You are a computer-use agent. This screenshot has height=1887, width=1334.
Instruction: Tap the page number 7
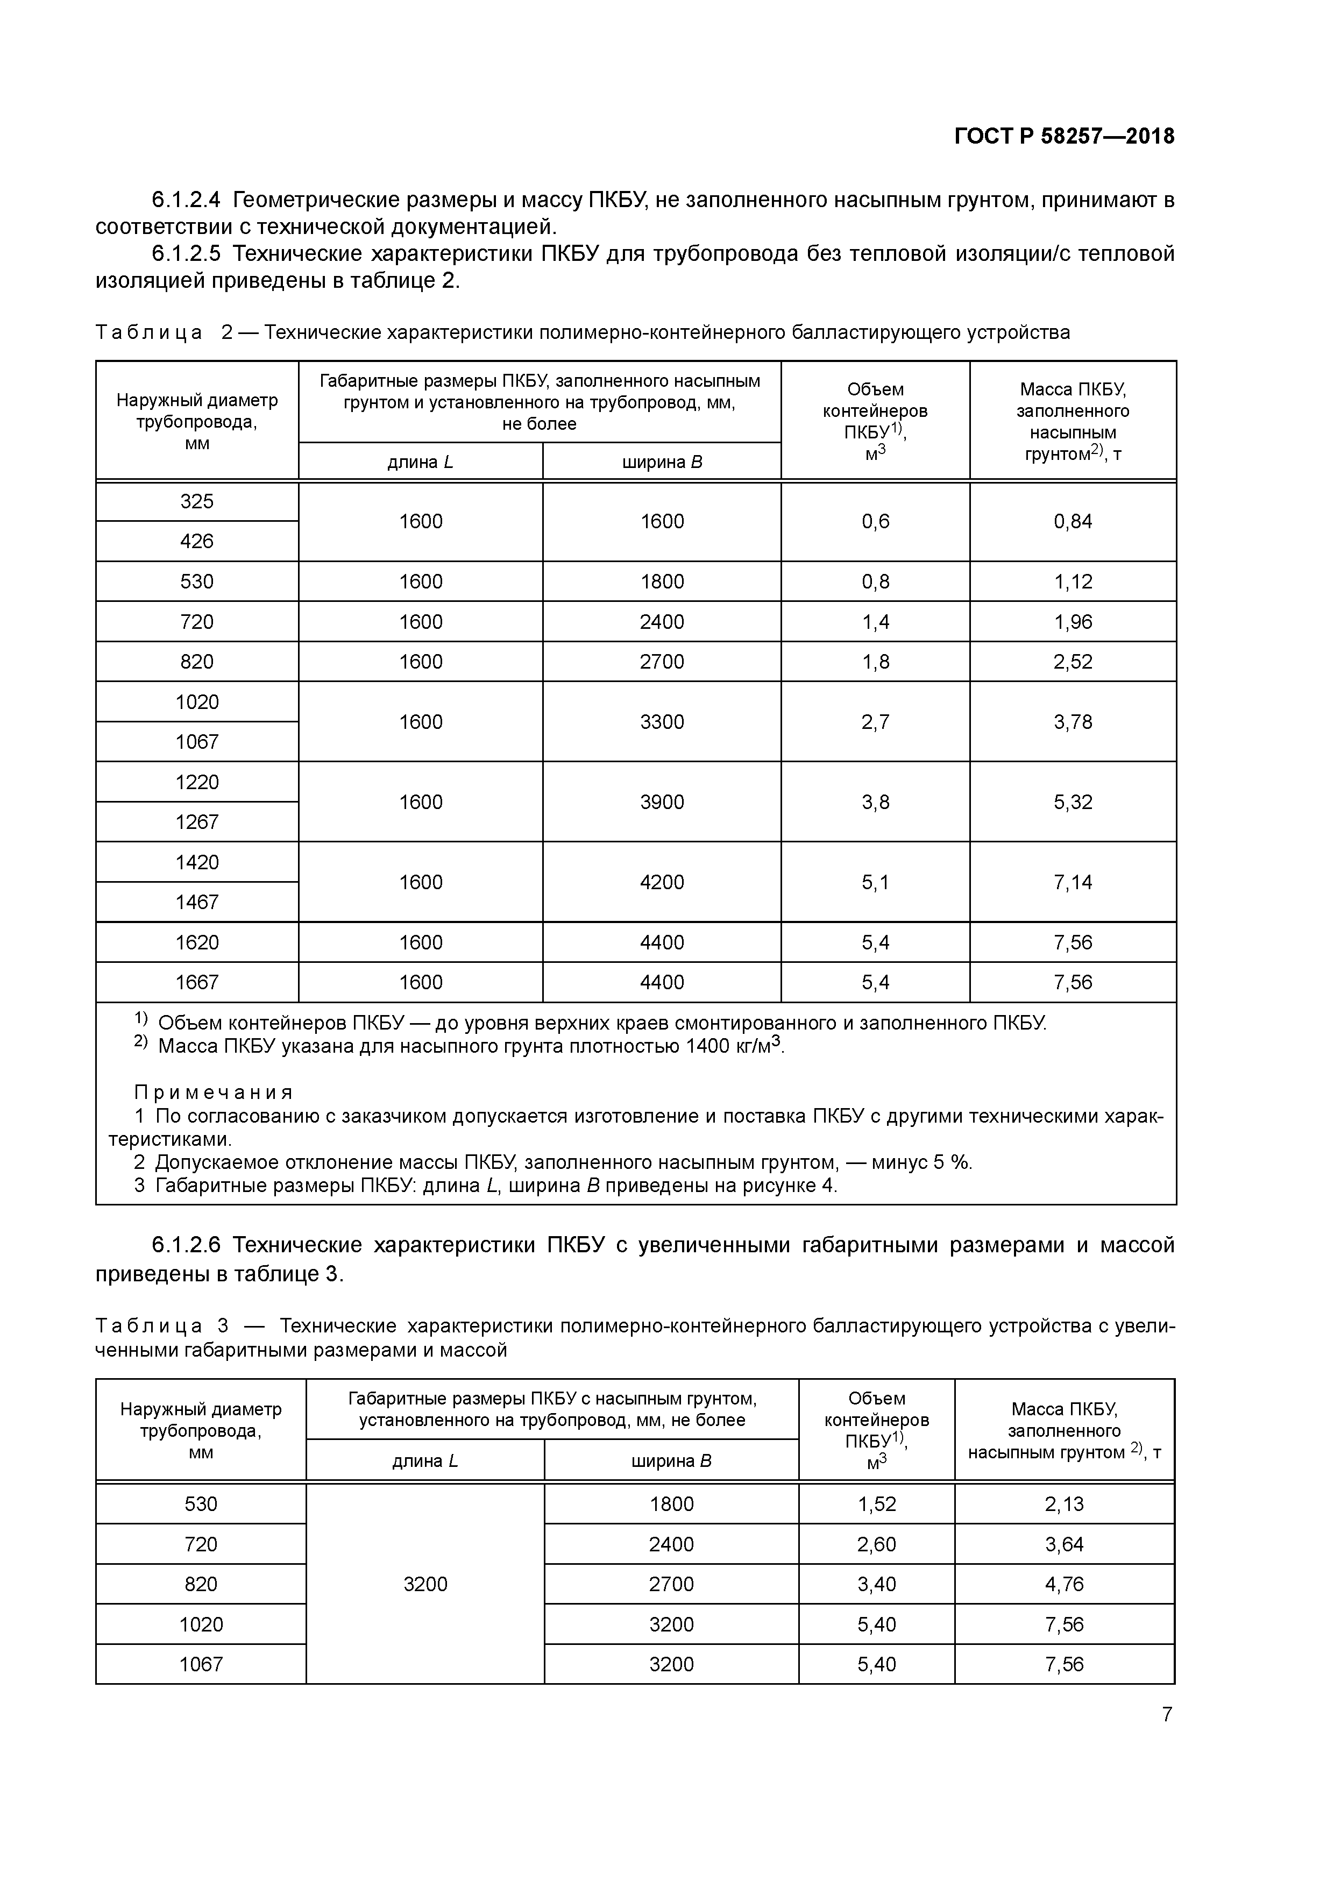pyautogui.click(x=1166, y=1714)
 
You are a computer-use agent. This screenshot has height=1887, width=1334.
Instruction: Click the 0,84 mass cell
pyautogui.click(x=1073, y=522)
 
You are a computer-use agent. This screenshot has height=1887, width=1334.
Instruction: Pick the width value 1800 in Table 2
pyautogui.click(x=662, y=582)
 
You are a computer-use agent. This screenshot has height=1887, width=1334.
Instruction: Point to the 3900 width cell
pyautogui.click(x=662, y=802)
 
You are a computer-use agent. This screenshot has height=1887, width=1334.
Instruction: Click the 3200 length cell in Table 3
pyautogui.click(x=425, y=1585)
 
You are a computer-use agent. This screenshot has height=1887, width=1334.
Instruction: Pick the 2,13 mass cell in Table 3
pyautogui.click(x=1065, y=1504)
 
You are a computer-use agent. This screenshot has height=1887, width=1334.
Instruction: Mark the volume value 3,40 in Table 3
pyautogui.click(x=876, y=1585)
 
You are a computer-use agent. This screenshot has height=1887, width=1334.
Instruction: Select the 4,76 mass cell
pyautogui.click(x=1065, y=1585)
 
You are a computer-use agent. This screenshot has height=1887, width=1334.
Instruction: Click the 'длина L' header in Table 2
pyautogui.click(x=420, y=462)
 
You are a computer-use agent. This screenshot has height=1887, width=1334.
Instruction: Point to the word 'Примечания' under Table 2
pyautogui.click(x=214, y=1093)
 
